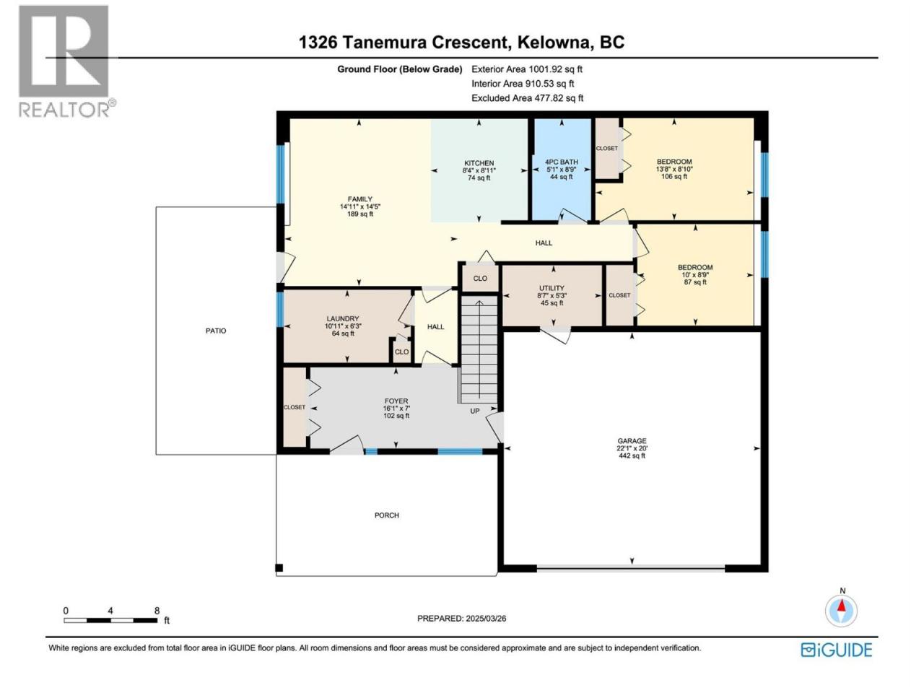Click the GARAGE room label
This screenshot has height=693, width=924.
tap(632, 441)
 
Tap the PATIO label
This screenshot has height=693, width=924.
tap(216, 331)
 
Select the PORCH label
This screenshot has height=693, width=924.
tap(386, 515)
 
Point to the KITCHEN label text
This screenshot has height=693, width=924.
tap(479, 163)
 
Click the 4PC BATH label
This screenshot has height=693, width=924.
tap(561, 162)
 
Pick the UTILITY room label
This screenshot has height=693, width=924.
tap(552, 288)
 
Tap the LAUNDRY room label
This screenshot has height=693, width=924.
tap(343, 319)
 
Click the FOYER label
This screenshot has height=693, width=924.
tap(396, 401)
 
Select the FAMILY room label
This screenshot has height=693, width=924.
tap(360, 199)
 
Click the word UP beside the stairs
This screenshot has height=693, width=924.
tap(474, 411)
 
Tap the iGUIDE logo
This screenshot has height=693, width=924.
tap(836, 650)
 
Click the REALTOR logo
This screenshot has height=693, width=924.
tap(66, 62)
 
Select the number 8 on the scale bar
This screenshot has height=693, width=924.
tap(157, 611)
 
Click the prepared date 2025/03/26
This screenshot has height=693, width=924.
tap(485, 619)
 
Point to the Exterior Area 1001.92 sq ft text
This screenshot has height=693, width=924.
tap(527, 69)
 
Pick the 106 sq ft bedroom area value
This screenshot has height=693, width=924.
tap(674, 176)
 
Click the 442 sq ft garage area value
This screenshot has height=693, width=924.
tap(632, 456)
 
